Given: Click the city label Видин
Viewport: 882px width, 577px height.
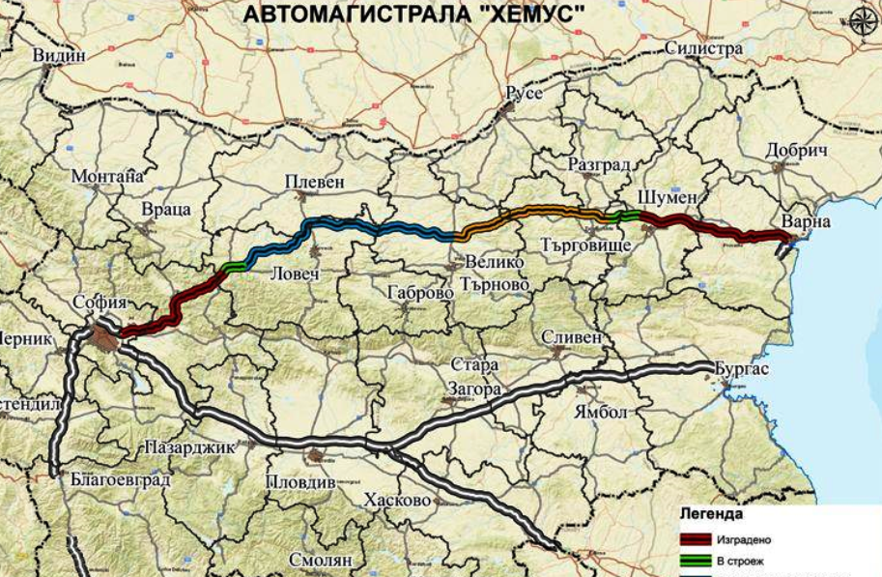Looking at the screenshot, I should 59,56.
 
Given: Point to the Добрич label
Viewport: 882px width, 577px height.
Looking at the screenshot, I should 797,152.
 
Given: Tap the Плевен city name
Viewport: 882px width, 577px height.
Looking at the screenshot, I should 314,182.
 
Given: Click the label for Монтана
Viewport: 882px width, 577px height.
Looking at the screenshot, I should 107,177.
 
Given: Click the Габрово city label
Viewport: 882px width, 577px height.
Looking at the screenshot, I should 420,292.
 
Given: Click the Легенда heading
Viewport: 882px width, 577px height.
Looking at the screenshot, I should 711,513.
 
